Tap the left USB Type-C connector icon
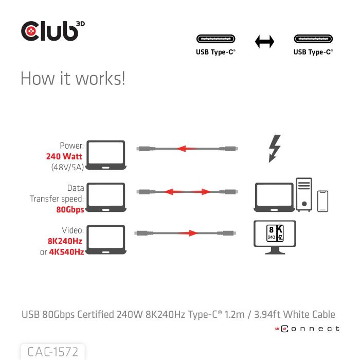coord(215,40)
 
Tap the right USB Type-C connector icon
coord(313,40)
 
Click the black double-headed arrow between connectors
coord(264,42)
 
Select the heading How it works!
coord(73,79)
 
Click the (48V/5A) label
coord(67,167)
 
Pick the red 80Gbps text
coord(70,210)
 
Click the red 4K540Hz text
coord(66,252)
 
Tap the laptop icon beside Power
coord(106,155)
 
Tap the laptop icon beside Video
coord(106,239)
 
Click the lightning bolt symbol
coord(275,148)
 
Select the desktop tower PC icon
coord(304,195)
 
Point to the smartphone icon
coord(323,201)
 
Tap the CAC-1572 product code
coord(52,352)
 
